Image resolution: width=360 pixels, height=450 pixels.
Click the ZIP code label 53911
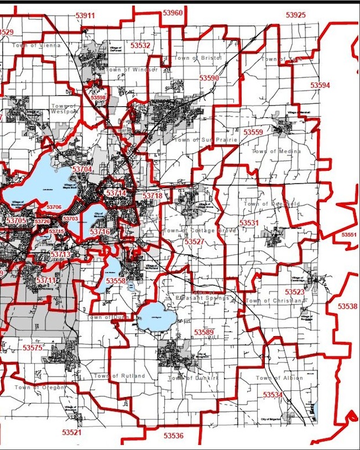point(85,15)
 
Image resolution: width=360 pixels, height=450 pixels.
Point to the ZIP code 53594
point(319,85)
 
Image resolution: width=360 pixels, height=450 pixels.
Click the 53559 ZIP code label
point(253,132)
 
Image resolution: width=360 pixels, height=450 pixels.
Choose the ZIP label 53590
point(209,77)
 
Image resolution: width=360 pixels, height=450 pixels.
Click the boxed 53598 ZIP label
point(98,98)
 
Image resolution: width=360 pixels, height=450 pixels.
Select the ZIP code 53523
point(295,291)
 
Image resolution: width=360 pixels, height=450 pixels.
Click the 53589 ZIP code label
point(204,332)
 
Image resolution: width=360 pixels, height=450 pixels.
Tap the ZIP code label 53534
point(272,395)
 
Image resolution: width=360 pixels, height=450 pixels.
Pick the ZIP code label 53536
point(173,435)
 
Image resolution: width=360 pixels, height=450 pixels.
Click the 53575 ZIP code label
point(33,347)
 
